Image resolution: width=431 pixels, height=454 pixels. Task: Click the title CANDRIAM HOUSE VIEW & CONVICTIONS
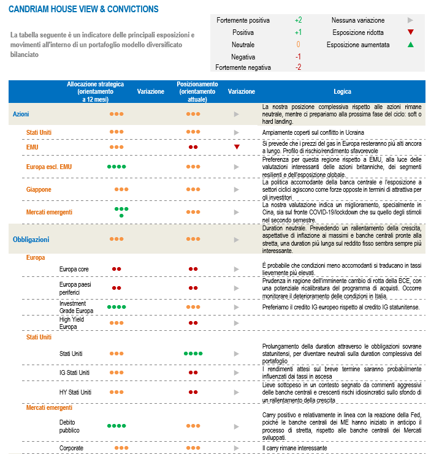pyautogui.click(x=83, y=9)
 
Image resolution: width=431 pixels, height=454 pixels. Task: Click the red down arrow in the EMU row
pyautogui.click(x=236, y=147)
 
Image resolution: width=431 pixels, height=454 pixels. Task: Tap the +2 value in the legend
pyautogui.click(x=298, y=20)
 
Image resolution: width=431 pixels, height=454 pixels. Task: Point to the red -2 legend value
pyautogui.click(x=298, y=67)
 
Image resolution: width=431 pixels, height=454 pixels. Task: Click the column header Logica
pyautogui.click(x=342, y=91)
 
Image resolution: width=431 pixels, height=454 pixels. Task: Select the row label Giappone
pyautogui.click(x=39, y=190)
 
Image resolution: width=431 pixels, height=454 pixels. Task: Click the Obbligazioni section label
pyautogui.click(x=31, y=240)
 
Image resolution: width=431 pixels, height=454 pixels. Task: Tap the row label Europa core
pyautogui.click(x=74, y=269)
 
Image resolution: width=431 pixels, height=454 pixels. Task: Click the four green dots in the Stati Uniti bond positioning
pyautogui.click(x=193, y=354)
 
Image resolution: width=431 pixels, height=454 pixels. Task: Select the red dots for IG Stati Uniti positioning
pyautogui.click(x=193, y=373)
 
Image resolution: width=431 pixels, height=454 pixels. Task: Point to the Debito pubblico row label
pyautogui.click(x=69, y=426)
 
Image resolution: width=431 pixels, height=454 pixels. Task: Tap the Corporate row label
pyautogui.click(x=71, y=448)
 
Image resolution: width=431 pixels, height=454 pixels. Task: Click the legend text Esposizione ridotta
pyautogui.click(x=358, y=32)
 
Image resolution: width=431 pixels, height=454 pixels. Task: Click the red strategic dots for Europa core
pyautogui.click(x=116, y=269)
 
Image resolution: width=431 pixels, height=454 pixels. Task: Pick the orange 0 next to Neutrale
pyautogui.click(x=298, y=44)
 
